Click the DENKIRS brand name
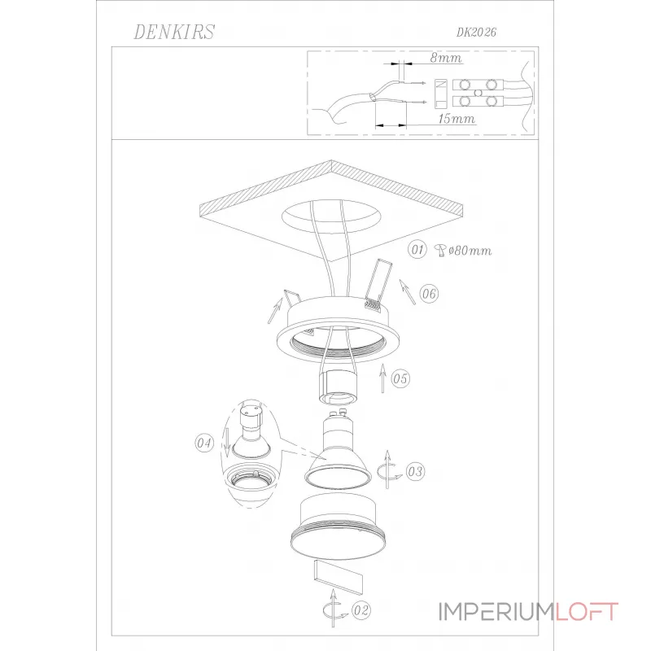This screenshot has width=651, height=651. pos(174,32)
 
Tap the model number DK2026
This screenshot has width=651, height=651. pos(476,33)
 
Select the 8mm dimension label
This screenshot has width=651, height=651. pos(446,58)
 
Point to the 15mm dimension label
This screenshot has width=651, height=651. pos(457,119)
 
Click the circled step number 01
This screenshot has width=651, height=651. pos(417,250)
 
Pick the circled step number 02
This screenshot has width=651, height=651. pos(360,610)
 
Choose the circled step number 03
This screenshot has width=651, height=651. pos(415,472)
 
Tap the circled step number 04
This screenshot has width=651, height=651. pos(204,443)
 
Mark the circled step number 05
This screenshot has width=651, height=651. pos(400,378)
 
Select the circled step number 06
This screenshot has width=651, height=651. pos(429,294)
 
